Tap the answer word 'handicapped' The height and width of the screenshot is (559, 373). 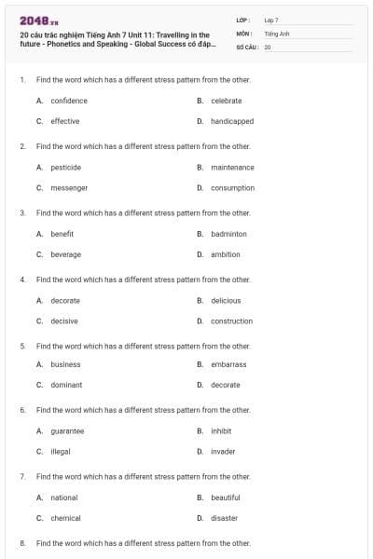point(232,121)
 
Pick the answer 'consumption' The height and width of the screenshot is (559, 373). point(232,188)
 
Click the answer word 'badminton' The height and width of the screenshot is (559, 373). point(228,234)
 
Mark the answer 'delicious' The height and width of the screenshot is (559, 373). point(226,301)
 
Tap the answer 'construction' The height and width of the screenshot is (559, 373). point(231,321)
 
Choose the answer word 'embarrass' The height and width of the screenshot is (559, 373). point(228,364)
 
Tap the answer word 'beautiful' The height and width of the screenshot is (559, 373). point(226,498)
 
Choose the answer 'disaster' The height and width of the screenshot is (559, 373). point(224,518)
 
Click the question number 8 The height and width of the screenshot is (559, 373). point(22,543)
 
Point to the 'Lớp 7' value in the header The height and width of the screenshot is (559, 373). point(271,20)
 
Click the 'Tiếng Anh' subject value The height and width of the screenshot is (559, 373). point(278,33)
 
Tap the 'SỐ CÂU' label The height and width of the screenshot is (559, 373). point(247,46)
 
